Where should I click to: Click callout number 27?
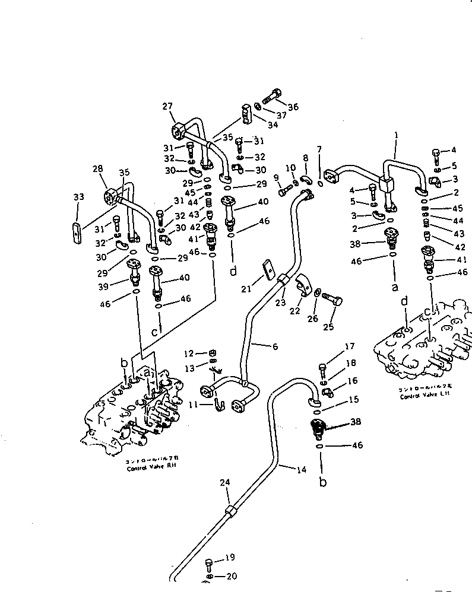(167, 106)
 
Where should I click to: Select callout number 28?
(97, 170)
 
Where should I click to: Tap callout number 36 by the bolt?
(293, 107)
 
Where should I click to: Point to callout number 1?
(396, 136)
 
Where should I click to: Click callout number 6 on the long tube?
(275, 346)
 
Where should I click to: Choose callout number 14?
(301, 469)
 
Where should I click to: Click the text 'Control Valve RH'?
(151, 468)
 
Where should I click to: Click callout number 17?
(350, 346)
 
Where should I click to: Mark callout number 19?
(230, 558)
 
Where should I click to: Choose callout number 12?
(189, 354)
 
